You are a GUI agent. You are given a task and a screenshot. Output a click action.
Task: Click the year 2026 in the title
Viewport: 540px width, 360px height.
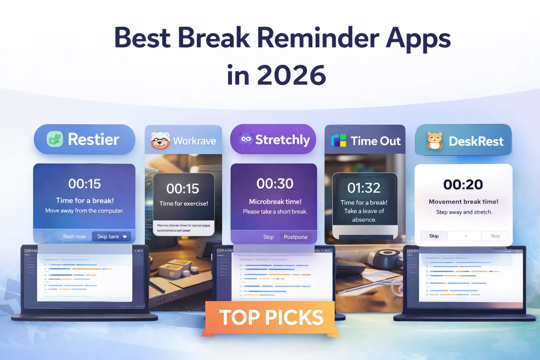pos(291,75)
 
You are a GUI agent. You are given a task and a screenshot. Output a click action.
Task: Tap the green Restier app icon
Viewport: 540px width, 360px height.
pos(55,139)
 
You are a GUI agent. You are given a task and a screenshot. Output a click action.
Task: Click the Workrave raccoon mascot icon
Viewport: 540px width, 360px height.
pos(160,141)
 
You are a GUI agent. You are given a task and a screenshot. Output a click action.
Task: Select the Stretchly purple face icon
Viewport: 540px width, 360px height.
pos(246,139)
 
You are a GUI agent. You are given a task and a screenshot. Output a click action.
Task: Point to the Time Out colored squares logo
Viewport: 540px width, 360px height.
pos(339,141)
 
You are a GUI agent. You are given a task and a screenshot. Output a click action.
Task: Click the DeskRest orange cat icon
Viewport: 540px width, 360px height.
pos(435,141)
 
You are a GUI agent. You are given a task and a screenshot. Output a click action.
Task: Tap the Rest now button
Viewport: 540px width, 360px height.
pos(74,237)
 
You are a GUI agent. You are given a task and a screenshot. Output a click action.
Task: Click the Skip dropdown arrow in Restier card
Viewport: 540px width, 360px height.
pos(124,237)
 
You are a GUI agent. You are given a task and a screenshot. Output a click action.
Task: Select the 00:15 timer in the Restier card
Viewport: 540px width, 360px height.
pos(84,184)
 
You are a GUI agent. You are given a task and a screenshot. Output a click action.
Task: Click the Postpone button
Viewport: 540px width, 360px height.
pos(295,237)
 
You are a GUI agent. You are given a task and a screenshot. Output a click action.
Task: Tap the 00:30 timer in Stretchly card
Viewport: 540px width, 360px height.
pos(275,184)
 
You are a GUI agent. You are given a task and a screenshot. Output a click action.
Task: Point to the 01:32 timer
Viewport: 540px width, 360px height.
pos(364,188)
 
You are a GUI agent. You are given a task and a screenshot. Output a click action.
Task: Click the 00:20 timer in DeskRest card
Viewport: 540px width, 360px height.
pos(463,185)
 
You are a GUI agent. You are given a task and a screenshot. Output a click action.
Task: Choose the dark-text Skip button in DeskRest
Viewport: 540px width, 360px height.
pos(434,236)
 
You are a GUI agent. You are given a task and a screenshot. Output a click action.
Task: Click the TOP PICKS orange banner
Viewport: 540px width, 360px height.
pos(271,317)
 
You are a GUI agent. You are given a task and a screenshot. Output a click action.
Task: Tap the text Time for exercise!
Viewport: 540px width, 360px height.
pos(184,204)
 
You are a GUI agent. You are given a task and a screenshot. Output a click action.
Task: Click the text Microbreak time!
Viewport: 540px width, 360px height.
pos(275,202)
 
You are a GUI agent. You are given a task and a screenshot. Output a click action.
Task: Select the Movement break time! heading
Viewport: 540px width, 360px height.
pos(463,202)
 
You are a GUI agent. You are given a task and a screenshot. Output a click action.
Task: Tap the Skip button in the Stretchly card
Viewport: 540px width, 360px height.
pos(268,237)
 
